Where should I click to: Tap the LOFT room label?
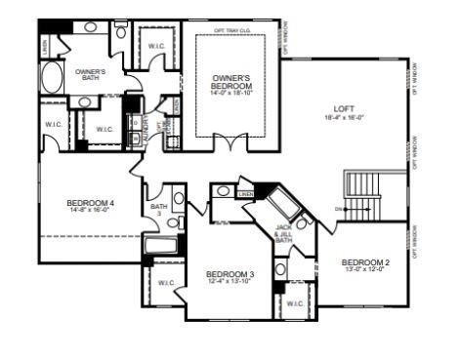[x=343, y=108]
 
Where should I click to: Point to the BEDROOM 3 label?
[x=230, y=274]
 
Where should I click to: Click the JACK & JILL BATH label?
[x=282, y=235]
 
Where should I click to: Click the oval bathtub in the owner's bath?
[x=51, y=79]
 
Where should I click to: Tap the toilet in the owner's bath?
[x=120, y=32]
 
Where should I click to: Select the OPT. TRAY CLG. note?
[x=232, y=30]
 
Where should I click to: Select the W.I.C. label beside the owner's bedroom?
[x=156, y=46]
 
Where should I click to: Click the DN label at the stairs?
[x=338, y=209]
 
